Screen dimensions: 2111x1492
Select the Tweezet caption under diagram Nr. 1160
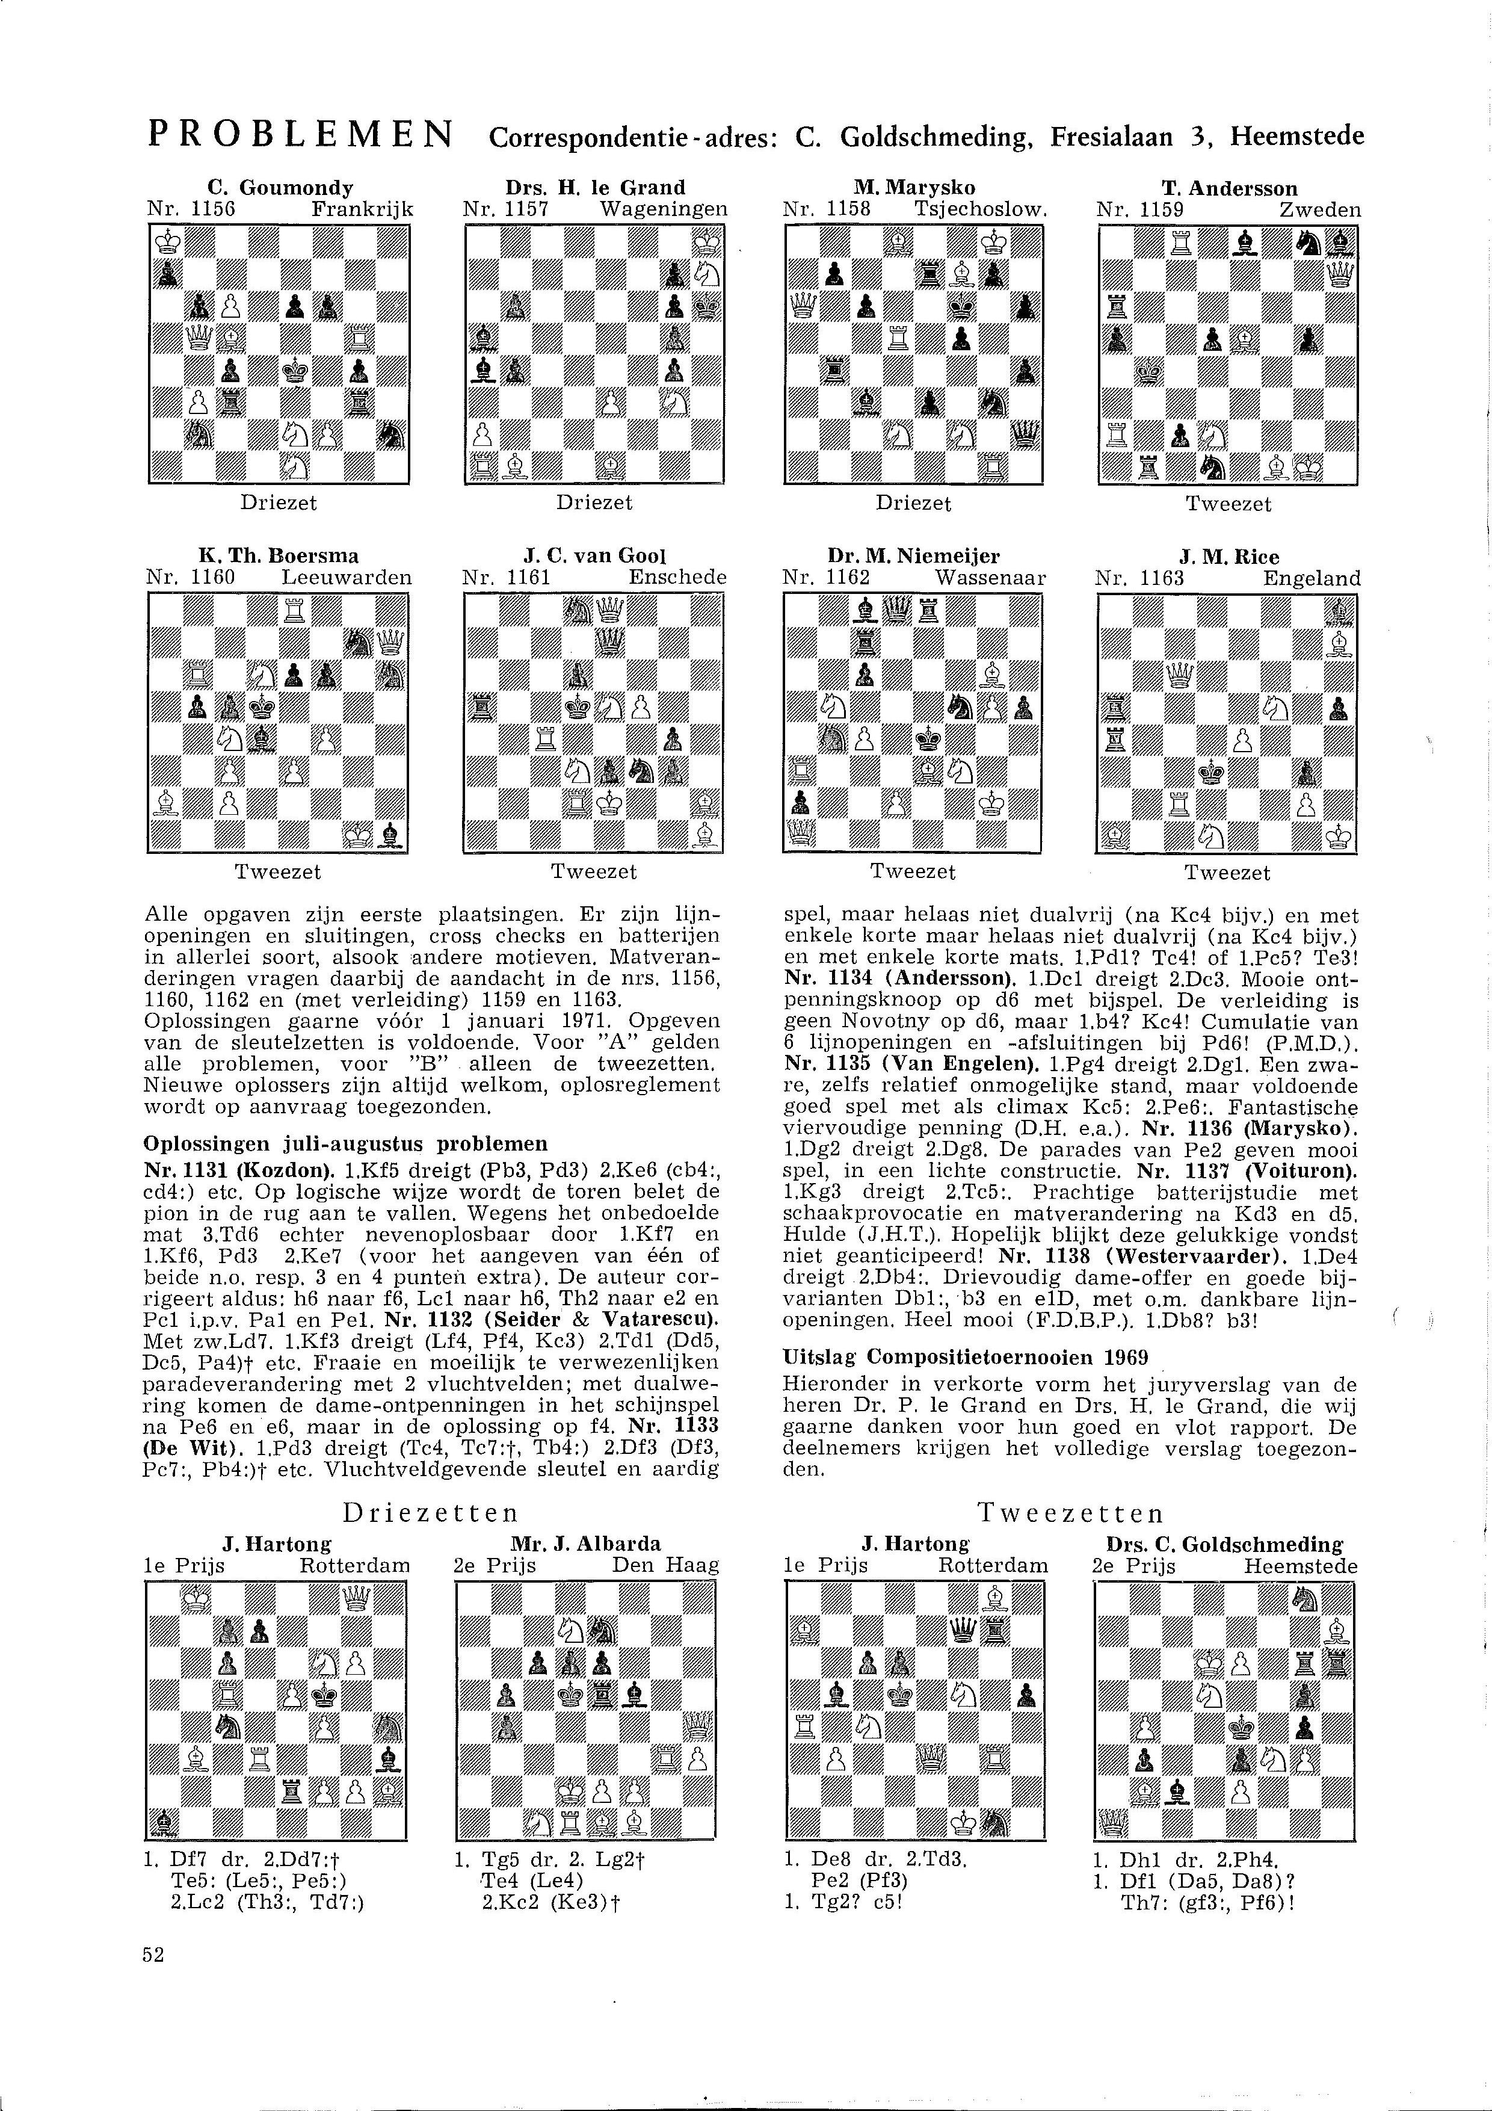pyautogui.click(x=277, y=871)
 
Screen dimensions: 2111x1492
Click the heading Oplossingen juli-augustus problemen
pyautogui.click(x=346, y=1144)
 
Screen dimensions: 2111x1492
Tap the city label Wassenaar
pyautogui.click(x=991, y=578)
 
